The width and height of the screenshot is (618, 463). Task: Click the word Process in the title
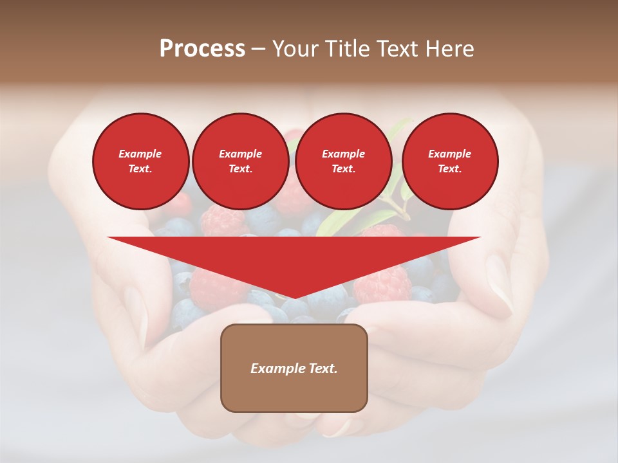tap(202, 49)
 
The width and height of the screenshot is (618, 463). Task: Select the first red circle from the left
tap(140, 161)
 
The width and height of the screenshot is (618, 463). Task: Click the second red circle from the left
tap(240, 161)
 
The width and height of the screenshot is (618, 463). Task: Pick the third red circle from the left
tap(343, 161)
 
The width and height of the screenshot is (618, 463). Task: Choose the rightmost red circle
tap(449, 161)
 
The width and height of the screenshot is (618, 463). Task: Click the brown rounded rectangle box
tap(294, 368)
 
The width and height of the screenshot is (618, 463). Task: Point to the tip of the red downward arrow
tap(294, 298)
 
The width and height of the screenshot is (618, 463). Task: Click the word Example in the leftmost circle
tap(140, 154)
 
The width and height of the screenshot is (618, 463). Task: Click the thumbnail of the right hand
tap(499, 283)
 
